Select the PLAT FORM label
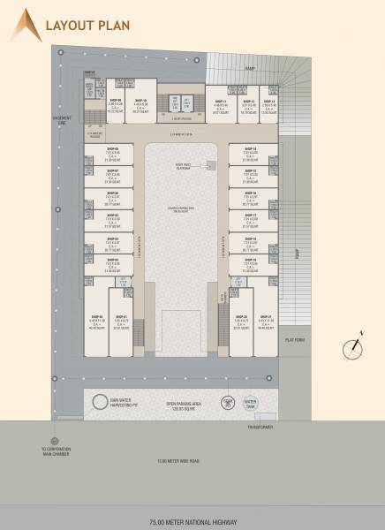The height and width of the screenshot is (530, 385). (294, 340)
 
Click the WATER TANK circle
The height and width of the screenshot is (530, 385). (249, 404)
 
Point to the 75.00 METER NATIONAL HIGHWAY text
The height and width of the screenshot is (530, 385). (192, 523)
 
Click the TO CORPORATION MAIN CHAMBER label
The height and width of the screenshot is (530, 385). (56, 451)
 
